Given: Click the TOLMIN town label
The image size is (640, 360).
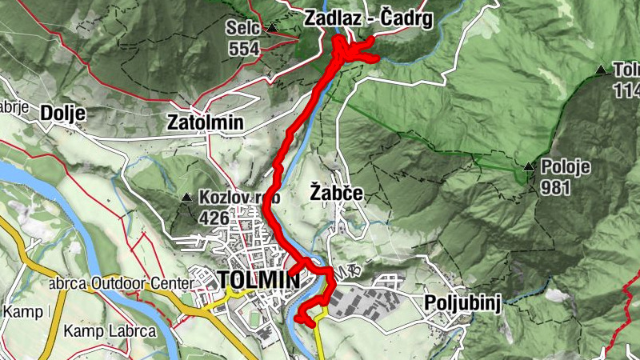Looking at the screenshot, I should pos(258,280).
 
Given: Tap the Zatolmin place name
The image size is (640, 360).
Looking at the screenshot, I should pos(206,123).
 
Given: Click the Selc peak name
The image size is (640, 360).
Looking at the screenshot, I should pos(243,28).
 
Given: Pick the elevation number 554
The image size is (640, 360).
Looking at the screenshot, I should pos(243,49).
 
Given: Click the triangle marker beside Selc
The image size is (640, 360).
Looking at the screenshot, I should pos(273,28).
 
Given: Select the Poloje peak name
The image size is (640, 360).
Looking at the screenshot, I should pos(565,167).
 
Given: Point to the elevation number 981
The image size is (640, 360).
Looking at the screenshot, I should pos(557,188).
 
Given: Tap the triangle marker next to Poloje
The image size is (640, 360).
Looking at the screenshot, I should pos(529,167).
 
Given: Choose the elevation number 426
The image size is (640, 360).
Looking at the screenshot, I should pos(215,218).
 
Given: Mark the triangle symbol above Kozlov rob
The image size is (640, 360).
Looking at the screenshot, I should pos(186,197).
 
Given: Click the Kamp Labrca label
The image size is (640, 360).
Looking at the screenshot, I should pos(98,331).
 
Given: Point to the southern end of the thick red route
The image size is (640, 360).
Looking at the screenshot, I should pos(298,320).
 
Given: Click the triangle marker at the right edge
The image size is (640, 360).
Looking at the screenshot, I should pos(601,70).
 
